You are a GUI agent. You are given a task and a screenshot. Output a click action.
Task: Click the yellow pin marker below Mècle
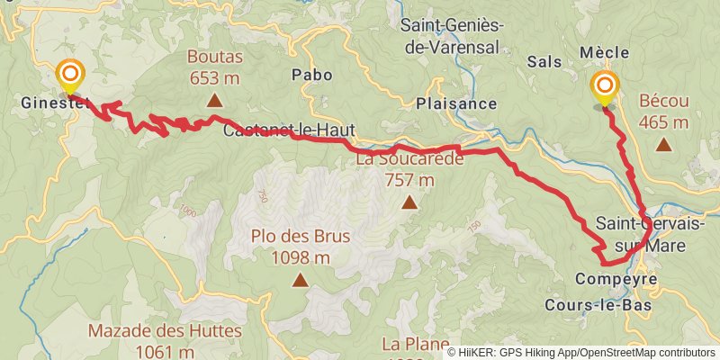604,87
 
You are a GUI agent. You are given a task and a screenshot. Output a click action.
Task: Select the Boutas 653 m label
213,67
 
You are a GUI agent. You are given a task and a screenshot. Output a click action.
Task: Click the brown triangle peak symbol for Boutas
214,100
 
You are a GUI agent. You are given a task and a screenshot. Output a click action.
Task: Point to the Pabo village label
311,75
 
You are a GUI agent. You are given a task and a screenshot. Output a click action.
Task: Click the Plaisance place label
456,103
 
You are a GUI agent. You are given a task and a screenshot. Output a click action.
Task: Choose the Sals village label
544,61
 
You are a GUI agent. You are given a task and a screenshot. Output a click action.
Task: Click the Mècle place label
604,53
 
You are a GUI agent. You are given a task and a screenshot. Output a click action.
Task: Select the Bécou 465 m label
663,111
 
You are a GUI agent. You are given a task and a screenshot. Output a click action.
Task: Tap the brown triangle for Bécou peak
663,143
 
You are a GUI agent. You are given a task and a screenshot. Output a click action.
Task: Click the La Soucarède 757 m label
409,170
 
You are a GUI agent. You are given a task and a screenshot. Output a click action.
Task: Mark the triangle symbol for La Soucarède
409,202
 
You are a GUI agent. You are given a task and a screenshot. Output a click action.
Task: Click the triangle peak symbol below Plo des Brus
301,281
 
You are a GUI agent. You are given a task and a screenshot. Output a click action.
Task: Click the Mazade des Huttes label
165,340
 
